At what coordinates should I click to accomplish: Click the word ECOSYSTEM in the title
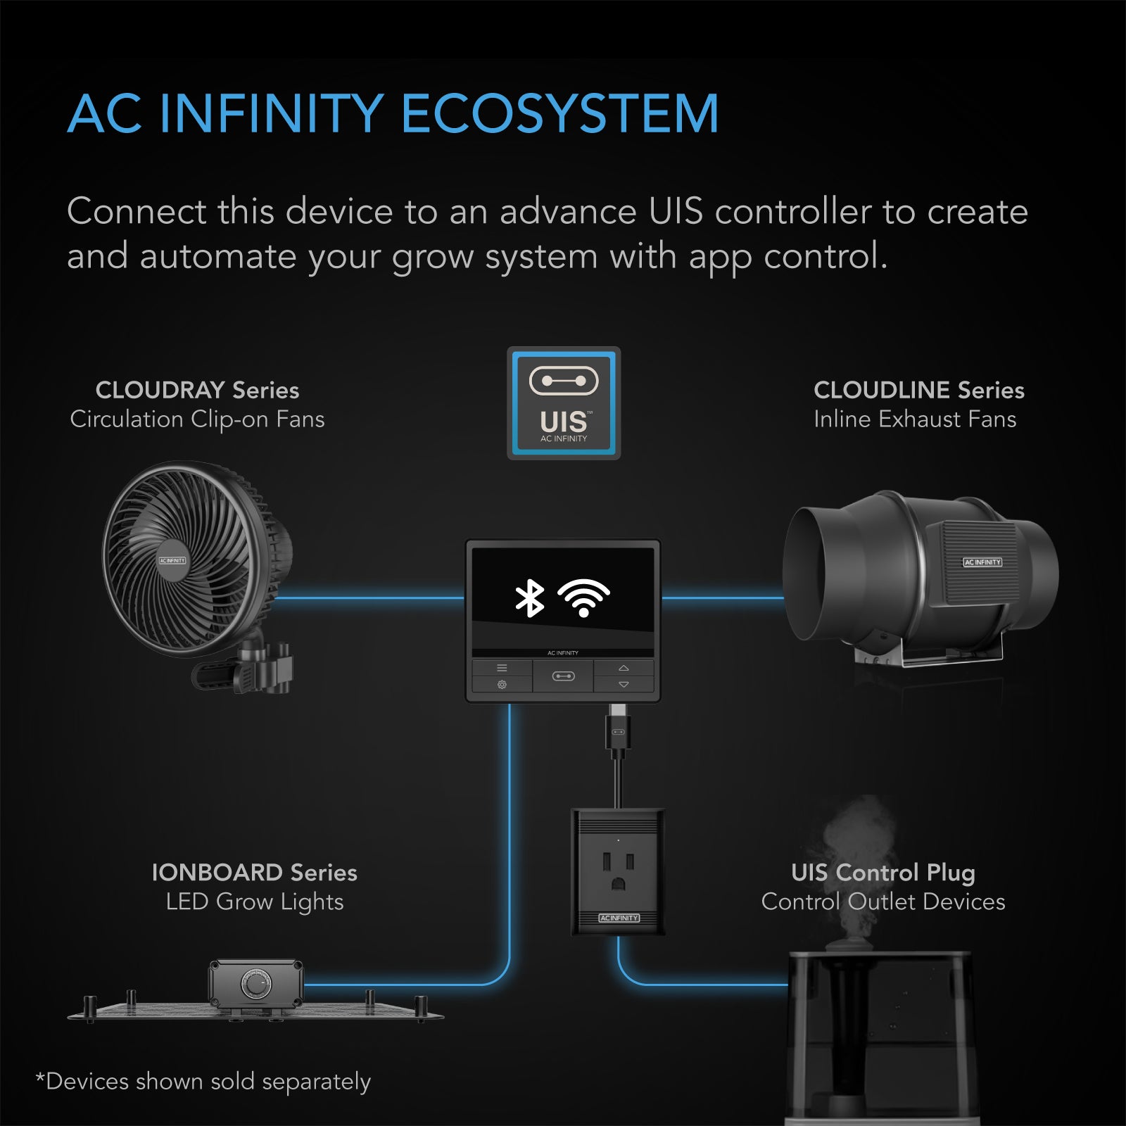coord(559,114)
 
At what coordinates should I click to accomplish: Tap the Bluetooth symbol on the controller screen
coord(529,598)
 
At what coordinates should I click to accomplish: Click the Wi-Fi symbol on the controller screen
coord(583,598)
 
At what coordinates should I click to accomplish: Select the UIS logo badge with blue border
coord(564,403)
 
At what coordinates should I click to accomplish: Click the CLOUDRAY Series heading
coord(197,390)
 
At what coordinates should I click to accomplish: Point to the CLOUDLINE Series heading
coord(918,390)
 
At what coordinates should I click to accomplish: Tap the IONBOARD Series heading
coord(254,873)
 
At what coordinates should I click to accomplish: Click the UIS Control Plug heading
coord(883,873)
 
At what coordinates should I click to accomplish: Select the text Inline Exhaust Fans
coord(915,419)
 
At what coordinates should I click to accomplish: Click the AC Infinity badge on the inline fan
coord(982,562)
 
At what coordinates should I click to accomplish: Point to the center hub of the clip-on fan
coord(172,561)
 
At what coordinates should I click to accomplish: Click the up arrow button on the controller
coord(624,668)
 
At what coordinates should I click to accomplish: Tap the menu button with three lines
coord(502,668)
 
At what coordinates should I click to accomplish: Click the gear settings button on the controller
coord(502,685)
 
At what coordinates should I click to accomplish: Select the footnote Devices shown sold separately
coord(203,1082)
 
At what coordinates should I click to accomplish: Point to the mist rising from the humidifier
coord(859,844)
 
